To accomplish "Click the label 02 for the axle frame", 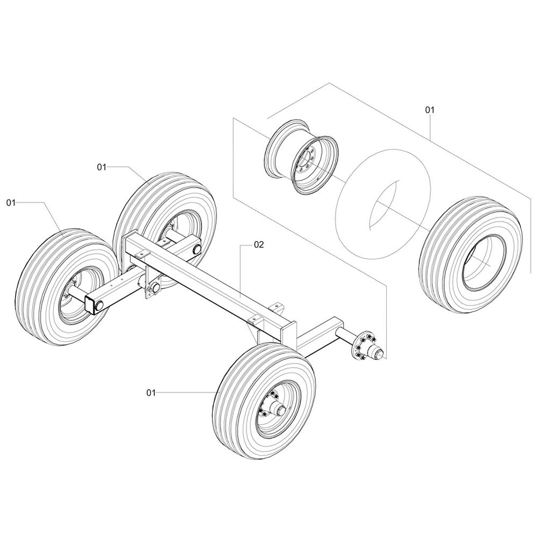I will (259, 244).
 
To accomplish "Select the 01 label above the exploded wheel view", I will (429, 110).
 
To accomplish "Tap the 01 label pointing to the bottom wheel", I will (150, 393).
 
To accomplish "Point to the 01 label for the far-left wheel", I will (11, 202).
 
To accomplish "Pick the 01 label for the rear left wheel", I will (101, 168).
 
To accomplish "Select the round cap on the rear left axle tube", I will (195, 249).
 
